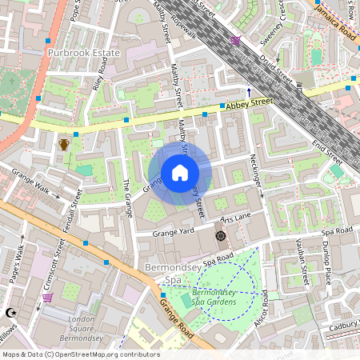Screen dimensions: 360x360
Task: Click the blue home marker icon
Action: pos(180,173)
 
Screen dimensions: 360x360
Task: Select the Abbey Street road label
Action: pos(250,103)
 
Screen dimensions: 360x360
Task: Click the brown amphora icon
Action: pos(64,144)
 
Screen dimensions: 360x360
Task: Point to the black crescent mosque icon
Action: pos(10,313)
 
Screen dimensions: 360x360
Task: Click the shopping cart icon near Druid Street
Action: pos(235,40)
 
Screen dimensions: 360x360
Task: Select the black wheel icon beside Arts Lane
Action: pos(221,236)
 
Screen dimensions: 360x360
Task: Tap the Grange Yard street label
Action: pos(174,232)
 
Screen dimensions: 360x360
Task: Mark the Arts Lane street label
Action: pos(236,218)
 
